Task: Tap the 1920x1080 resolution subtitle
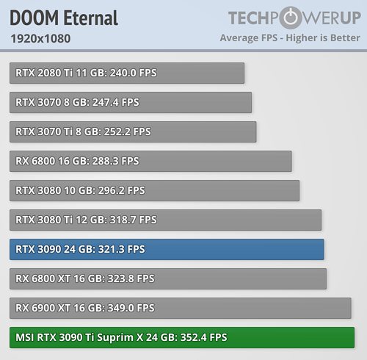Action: (40, 38)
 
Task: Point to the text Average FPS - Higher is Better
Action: (289, 37)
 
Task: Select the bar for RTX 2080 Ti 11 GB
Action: (127, 73)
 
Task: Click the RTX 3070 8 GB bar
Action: (131, 102)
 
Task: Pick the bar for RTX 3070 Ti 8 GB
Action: (133, 132)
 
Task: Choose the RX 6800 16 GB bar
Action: (150, 161)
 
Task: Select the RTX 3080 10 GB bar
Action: (154, 190)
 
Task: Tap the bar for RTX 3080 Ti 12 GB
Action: (165, 220)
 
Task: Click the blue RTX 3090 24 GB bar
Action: (167, 249)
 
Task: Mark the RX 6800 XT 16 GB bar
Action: (168, 278)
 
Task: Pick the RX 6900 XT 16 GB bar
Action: (181, 308)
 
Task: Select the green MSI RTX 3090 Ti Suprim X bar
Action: (182, 337)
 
